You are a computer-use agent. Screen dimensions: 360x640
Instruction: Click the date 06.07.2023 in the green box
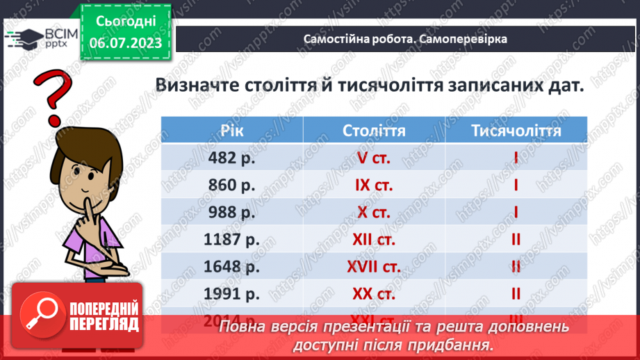tap(126, 42)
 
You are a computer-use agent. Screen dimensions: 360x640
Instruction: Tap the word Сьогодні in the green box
tap(126, 22)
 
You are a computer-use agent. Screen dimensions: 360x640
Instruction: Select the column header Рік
tap(232, 131)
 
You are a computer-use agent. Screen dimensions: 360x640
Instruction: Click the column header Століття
tap(374, 131)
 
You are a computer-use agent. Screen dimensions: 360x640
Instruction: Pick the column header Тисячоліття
tap(516, 131)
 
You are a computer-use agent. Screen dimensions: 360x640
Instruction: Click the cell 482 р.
tap(232, 158)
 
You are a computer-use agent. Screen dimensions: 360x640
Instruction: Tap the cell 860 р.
tap(232, 186)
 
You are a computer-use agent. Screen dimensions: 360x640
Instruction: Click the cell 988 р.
tap(232, 213)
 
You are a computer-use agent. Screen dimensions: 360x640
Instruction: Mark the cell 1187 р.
tap(232, 240)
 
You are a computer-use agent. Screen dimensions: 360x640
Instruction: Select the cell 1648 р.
tap(232, 267)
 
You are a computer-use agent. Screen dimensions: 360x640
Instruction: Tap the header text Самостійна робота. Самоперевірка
tap(405, 39)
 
